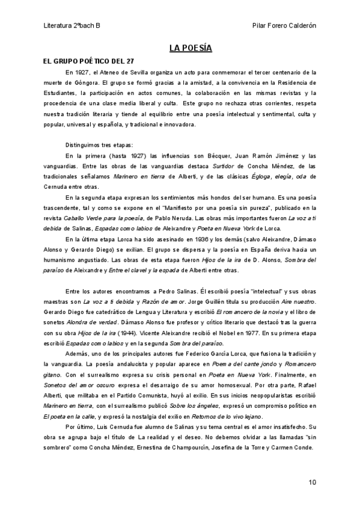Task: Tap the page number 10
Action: (312, 482)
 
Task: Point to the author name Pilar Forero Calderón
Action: (282, 26)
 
